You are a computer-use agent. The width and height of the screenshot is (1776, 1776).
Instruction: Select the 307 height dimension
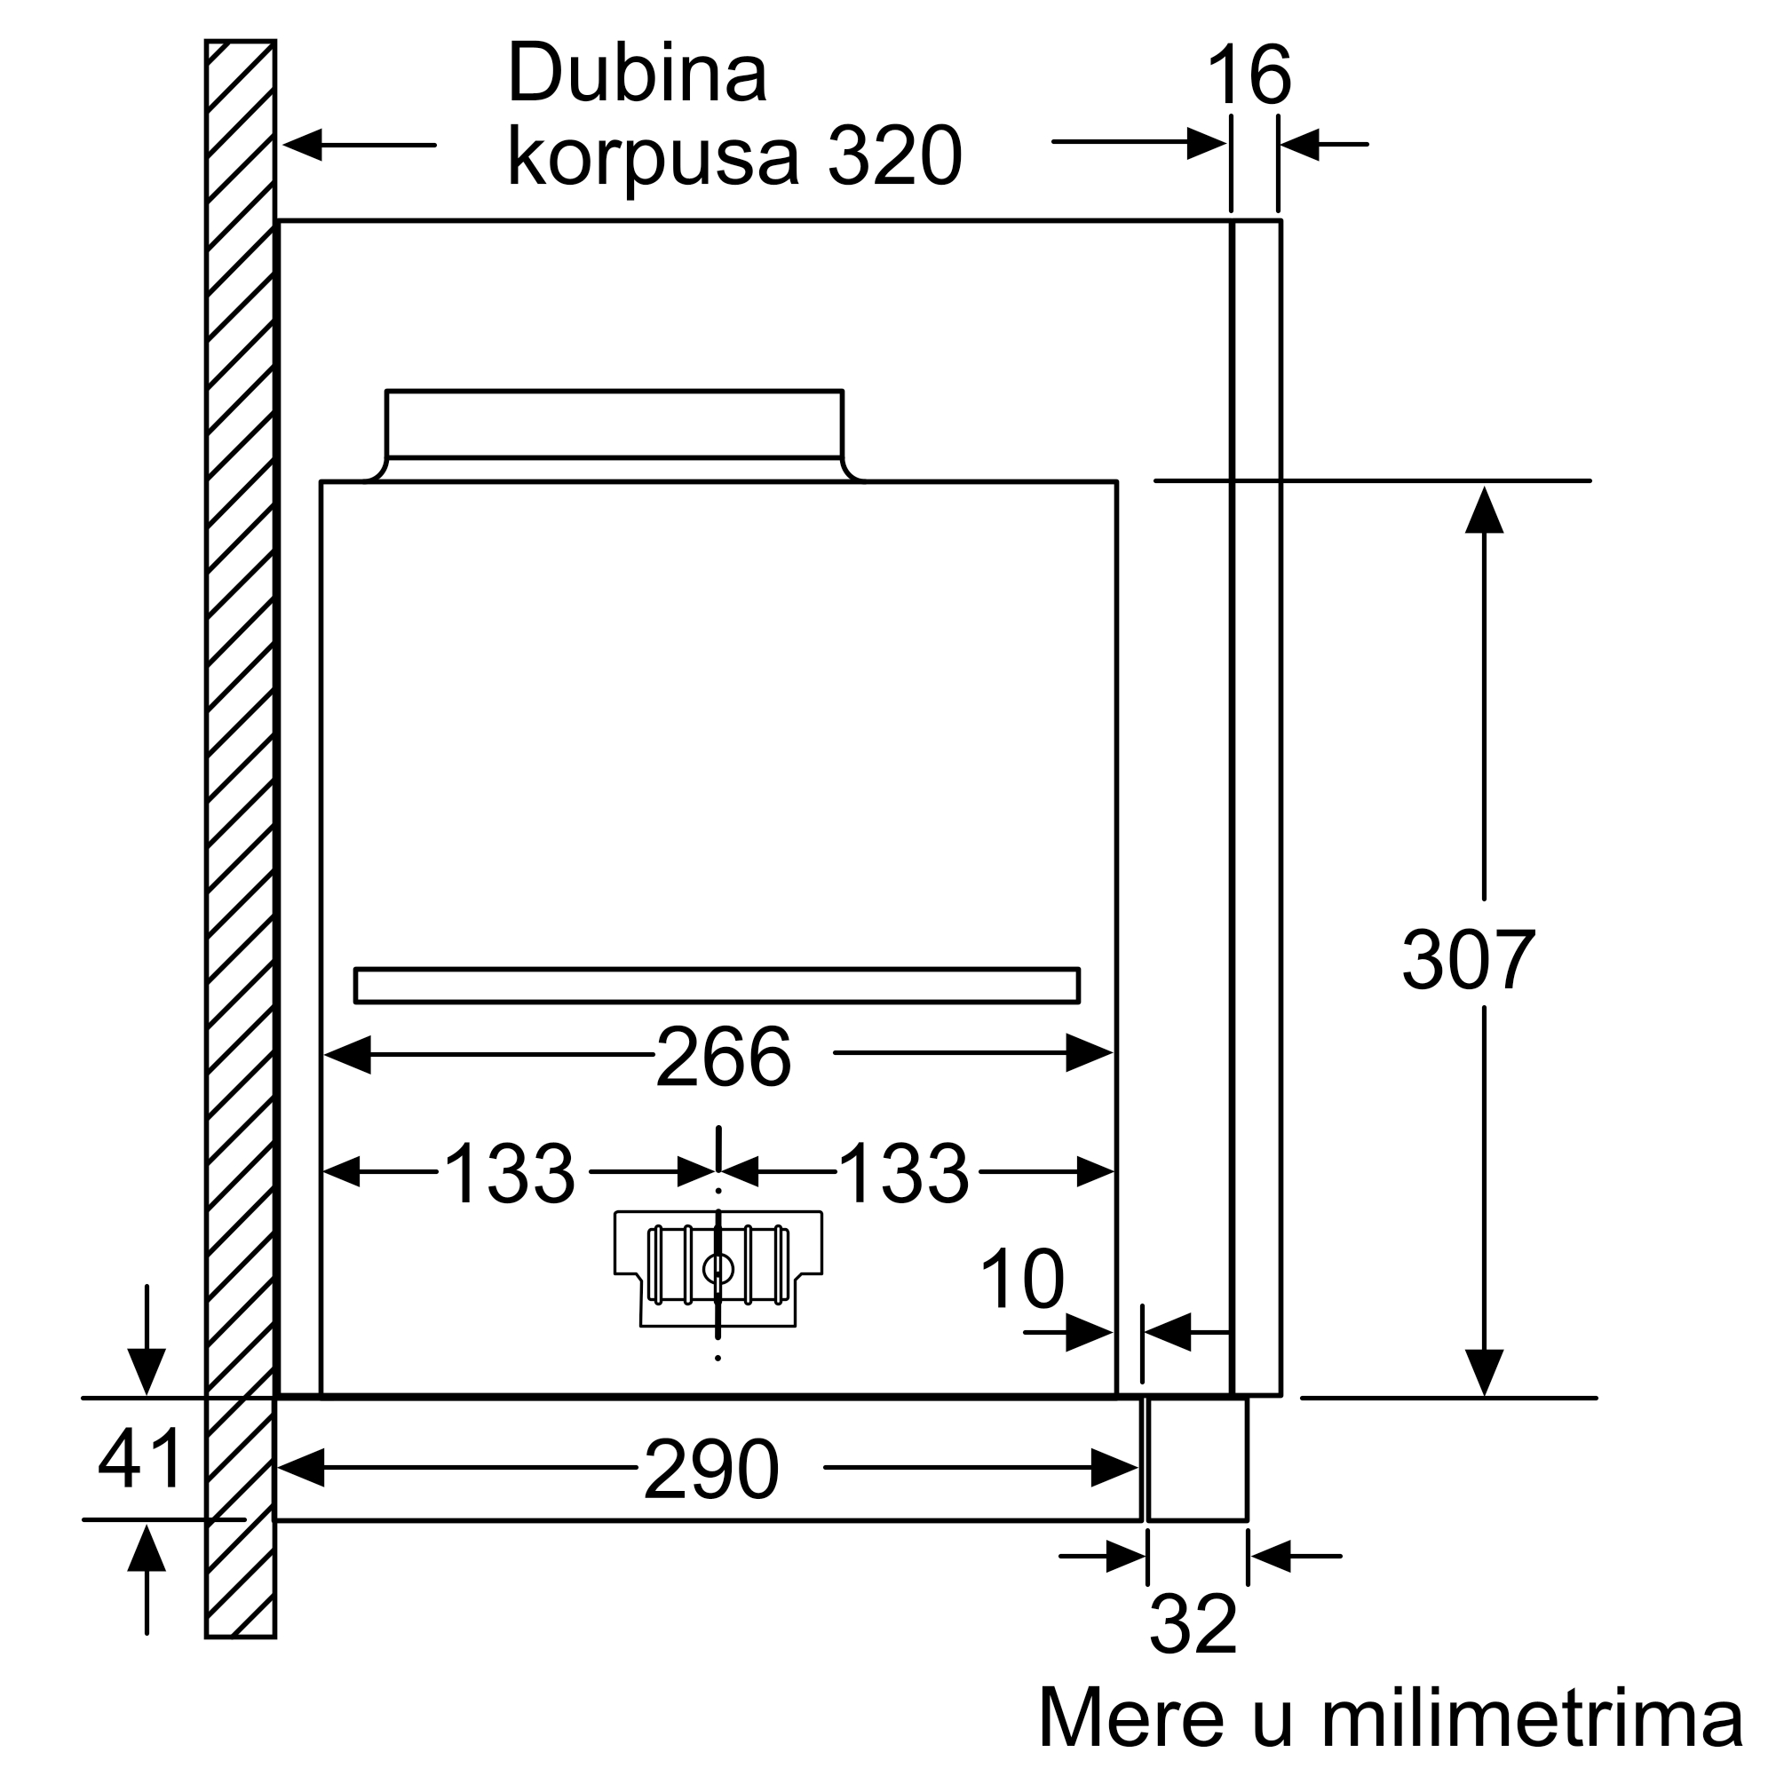pyautogui.click(x=1468, y=960)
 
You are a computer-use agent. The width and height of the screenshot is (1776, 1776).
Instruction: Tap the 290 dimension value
pyautogui.click(x=711, y=1469)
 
